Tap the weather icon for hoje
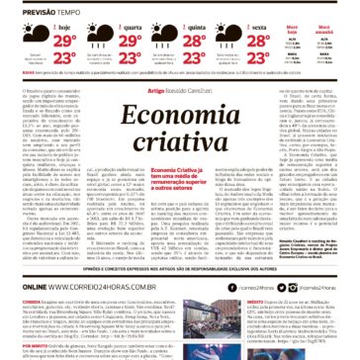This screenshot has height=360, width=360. (x=38, y=33)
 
